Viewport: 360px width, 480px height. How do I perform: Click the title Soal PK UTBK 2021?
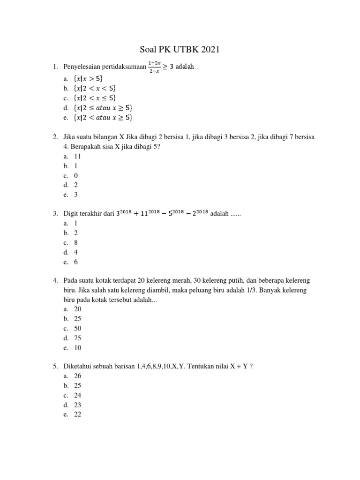[180, 49]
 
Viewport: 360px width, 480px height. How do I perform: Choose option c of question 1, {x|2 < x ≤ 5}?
[95, 98]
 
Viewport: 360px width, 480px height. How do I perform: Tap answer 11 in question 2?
[78, 156]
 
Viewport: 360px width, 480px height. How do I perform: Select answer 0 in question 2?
[76, 175]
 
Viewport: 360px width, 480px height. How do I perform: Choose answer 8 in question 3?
[76, 242]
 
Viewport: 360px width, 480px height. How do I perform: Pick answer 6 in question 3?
[76, 262]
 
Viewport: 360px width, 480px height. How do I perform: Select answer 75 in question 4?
[78, 338]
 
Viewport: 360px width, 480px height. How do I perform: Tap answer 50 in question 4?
[78, 329]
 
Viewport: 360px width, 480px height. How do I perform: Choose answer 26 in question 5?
[78, 376]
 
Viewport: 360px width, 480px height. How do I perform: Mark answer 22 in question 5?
[78, 414]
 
